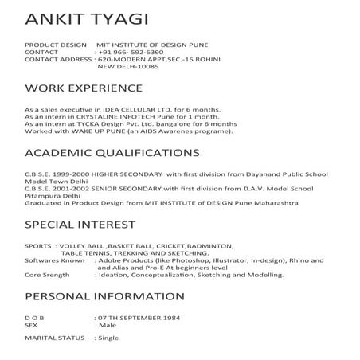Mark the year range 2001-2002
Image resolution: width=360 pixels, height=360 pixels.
pos(68,187)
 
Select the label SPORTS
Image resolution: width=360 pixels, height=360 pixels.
pos(38,246)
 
